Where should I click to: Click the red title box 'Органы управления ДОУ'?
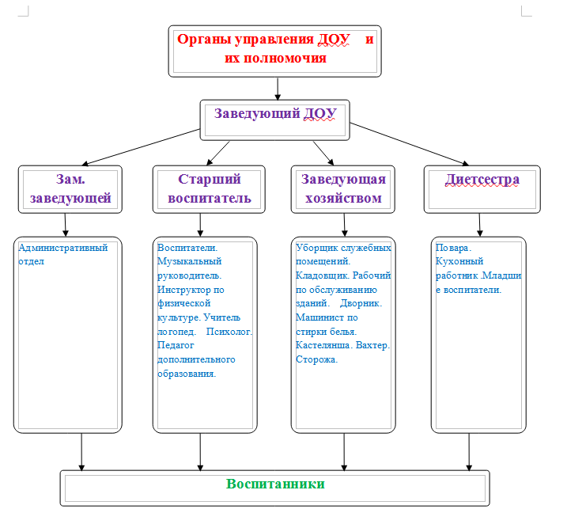[275, 51]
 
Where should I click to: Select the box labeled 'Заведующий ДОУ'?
[275, 120]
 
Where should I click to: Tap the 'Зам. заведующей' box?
[70, 189]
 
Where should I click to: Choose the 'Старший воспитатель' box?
[209, 189]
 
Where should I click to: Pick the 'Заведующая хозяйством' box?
[342, 189]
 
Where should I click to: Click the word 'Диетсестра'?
[482, 180]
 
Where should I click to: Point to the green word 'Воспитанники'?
[275, 484]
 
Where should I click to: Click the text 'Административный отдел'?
[63, 254]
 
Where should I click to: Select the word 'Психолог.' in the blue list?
[229, 332]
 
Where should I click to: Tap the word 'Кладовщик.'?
[323, 275]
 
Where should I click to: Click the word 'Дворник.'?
[361, 303]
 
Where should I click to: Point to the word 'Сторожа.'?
[317, 359]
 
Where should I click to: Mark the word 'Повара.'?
[453, 248]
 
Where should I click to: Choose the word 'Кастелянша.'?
[324, 345]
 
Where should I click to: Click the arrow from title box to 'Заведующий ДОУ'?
[278, 89]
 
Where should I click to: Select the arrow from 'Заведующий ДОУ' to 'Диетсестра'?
[410, 144]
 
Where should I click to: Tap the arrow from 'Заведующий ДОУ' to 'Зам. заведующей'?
[141, 147]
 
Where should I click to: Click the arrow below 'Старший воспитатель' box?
[200, 225]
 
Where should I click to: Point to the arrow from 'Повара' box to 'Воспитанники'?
[469, 452]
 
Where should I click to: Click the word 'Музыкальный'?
[190, 262]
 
